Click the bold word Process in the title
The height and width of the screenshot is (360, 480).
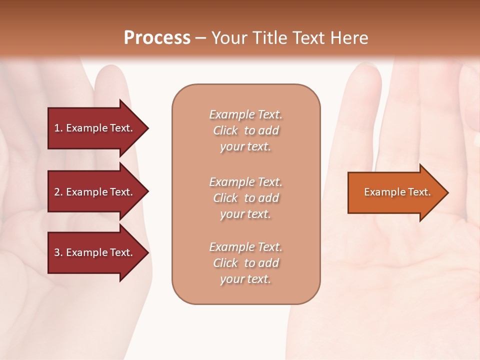[157, 38]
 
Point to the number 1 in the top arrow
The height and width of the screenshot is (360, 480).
[56, 128]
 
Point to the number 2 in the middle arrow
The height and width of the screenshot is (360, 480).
[57, 192]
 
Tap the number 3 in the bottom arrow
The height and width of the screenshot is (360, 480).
[57, 252]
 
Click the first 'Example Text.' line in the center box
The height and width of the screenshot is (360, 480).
[245, 114]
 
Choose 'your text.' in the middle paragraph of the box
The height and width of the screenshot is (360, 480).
[245, 214]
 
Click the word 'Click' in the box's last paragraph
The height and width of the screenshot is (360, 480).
[225, 263]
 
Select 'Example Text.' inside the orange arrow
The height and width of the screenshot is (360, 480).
[397, 192]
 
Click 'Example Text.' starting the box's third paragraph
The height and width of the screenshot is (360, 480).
[245, 247]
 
